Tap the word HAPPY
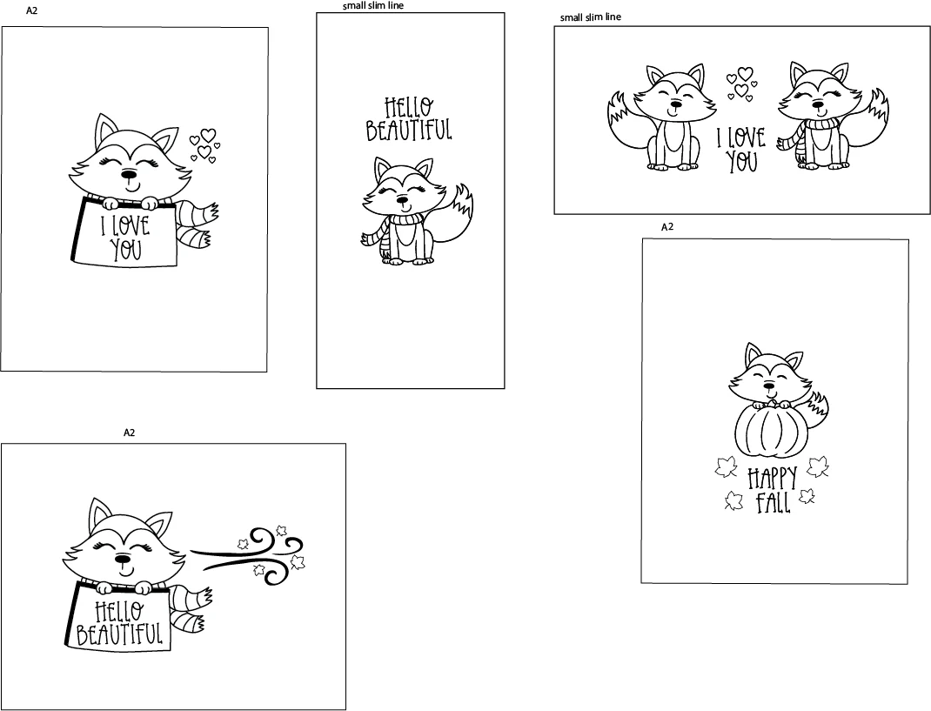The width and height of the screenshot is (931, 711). point(772,479)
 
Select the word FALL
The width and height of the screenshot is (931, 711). point(773,503)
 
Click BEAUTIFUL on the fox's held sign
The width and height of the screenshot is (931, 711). point(119,634)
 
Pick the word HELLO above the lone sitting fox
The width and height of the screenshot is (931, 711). point(408,109)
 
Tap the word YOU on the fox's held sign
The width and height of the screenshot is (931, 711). point(126,249)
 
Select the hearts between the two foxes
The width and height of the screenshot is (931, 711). point(740,84)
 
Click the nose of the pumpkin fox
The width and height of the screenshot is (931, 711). point(769,384)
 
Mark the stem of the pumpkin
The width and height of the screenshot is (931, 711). point(771,404)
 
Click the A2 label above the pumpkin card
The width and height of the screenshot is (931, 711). point(667,227)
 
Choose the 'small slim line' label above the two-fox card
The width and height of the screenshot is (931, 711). point(591,17)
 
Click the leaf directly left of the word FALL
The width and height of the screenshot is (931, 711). point(734,501)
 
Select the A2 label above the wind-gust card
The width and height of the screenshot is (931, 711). point(129,433)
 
